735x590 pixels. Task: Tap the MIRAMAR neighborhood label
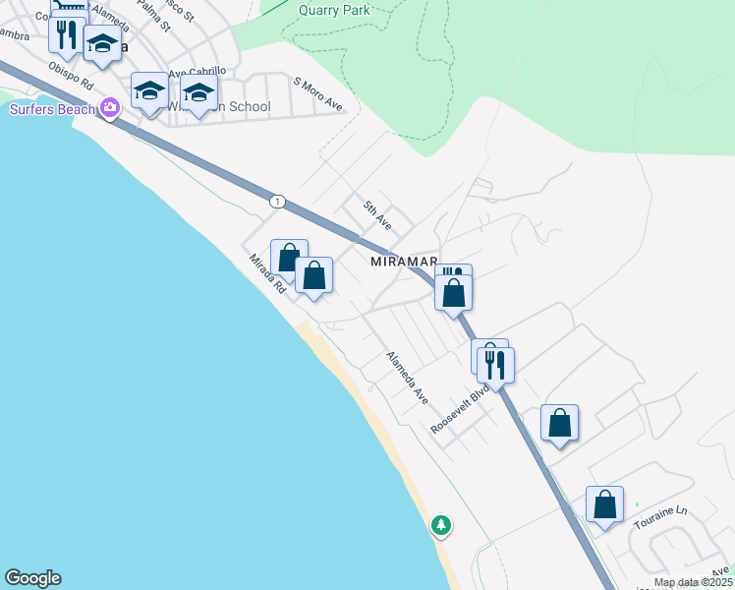point(403,263)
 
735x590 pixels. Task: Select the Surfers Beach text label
point(52,108)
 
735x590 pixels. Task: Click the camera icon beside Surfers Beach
point(110,106)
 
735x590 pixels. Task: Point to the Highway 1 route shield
point(278,201)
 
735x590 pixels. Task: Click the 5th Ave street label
point(377,214)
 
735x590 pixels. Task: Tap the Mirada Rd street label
point(266,273)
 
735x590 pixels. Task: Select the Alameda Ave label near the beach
point(407,378)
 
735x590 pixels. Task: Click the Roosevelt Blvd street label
point(460,409)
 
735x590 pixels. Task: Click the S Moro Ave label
point(317,96)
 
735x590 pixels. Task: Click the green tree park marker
point(441,525)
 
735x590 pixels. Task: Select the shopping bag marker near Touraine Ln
point(604,504)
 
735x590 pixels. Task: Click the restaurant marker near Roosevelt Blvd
point(495,364)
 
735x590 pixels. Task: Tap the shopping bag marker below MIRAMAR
point(453,293)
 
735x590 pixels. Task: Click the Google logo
point(32,578)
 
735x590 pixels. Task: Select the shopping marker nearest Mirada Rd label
point(289,260)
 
